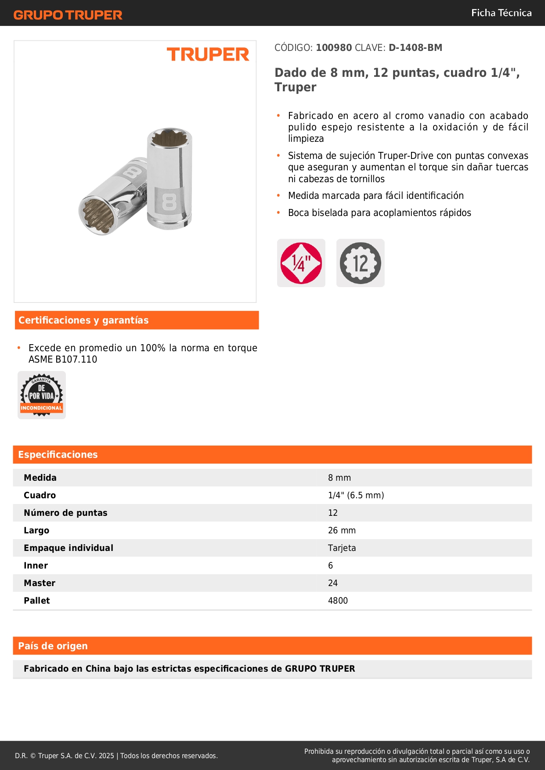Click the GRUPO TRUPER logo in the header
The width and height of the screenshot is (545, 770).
(68, 15)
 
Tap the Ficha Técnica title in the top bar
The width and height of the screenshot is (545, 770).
(501, 13)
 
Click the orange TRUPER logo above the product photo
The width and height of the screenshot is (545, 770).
(208, 55)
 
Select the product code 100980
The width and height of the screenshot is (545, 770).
(334, 48)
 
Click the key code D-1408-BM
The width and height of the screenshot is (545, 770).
(415, 48)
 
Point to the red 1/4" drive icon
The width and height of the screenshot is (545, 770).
(301, 263)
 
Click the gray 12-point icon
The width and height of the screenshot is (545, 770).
(361, 263)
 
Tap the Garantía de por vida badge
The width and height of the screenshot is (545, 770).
(42, 395)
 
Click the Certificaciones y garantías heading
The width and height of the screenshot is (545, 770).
(83, 320)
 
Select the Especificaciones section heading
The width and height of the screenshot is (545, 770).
(58, 455)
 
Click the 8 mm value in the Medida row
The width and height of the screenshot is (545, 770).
(339, 478)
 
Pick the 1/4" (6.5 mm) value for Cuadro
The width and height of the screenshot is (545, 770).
(356, 495)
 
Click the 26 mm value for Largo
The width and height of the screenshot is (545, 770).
(342, 530)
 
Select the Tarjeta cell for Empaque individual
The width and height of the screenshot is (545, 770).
(342, 548)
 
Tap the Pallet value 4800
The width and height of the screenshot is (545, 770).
(338, 601)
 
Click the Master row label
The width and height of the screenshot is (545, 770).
(40, 583)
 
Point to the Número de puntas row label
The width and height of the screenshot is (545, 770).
(65, 513)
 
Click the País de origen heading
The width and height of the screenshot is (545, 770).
(53, 646)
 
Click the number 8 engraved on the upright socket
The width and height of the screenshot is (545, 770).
(170, 202)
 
